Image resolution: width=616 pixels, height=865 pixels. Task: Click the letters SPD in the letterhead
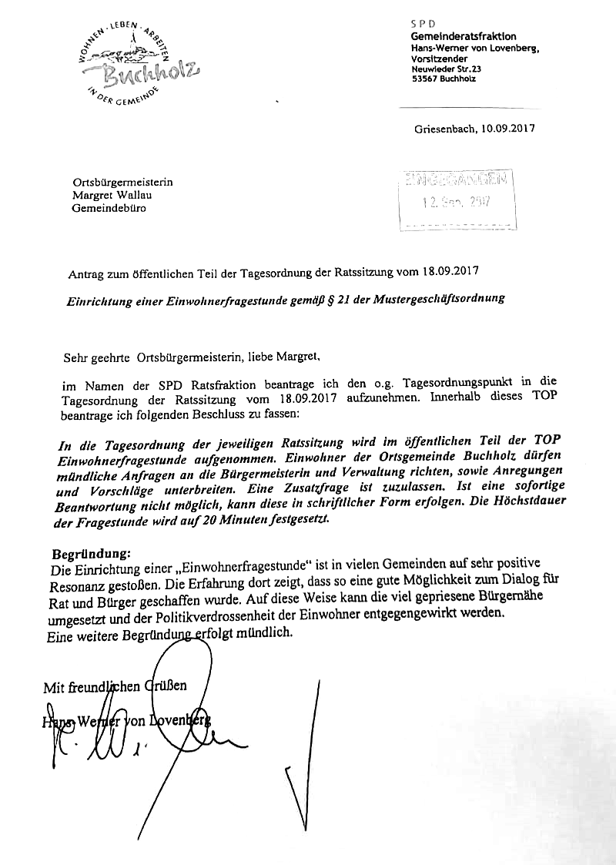(423, 25)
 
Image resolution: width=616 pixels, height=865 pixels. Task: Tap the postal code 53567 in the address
(425, 79)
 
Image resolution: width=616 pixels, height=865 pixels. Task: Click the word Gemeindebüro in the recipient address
(109, 208)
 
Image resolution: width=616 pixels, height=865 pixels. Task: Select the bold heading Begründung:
(92, 554)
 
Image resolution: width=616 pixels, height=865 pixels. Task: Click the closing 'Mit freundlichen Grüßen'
(115, 686)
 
